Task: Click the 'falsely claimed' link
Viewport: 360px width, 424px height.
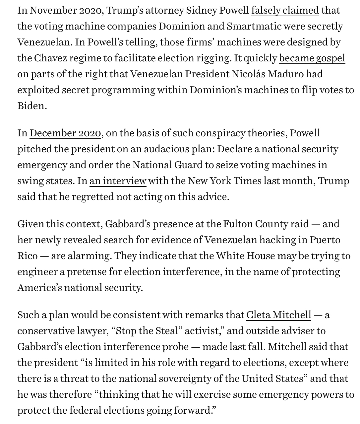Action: click(285, 11)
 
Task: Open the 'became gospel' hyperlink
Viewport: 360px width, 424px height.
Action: click(312, 58)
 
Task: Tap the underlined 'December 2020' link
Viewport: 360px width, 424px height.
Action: click(65, 133)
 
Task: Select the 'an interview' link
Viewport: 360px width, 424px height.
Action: click(118, 181)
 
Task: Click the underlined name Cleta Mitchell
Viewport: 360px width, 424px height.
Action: click(278, 315)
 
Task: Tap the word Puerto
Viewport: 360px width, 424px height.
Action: click(325, 240)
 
